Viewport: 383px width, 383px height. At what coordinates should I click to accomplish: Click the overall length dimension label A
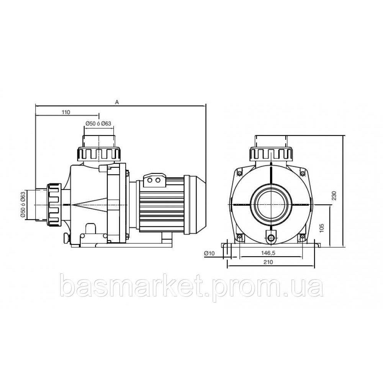[x=117, y=102]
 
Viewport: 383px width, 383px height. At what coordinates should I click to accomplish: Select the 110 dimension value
[x=65, y=112]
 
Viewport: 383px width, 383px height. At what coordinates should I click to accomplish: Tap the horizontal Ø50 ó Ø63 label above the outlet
[x=98, y=123]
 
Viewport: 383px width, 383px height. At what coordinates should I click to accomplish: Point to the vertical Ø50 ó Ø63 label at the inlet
[x=23, y=205]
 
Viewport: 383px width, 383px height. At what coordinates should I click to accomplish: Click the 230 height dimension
[x=334, y=196]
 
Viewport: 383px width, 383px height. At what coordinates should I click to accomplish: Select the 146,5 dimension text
[x=268, y=253]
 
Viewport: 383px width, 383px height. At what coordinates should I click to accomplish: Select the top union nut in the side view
[x=99, y=154]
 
